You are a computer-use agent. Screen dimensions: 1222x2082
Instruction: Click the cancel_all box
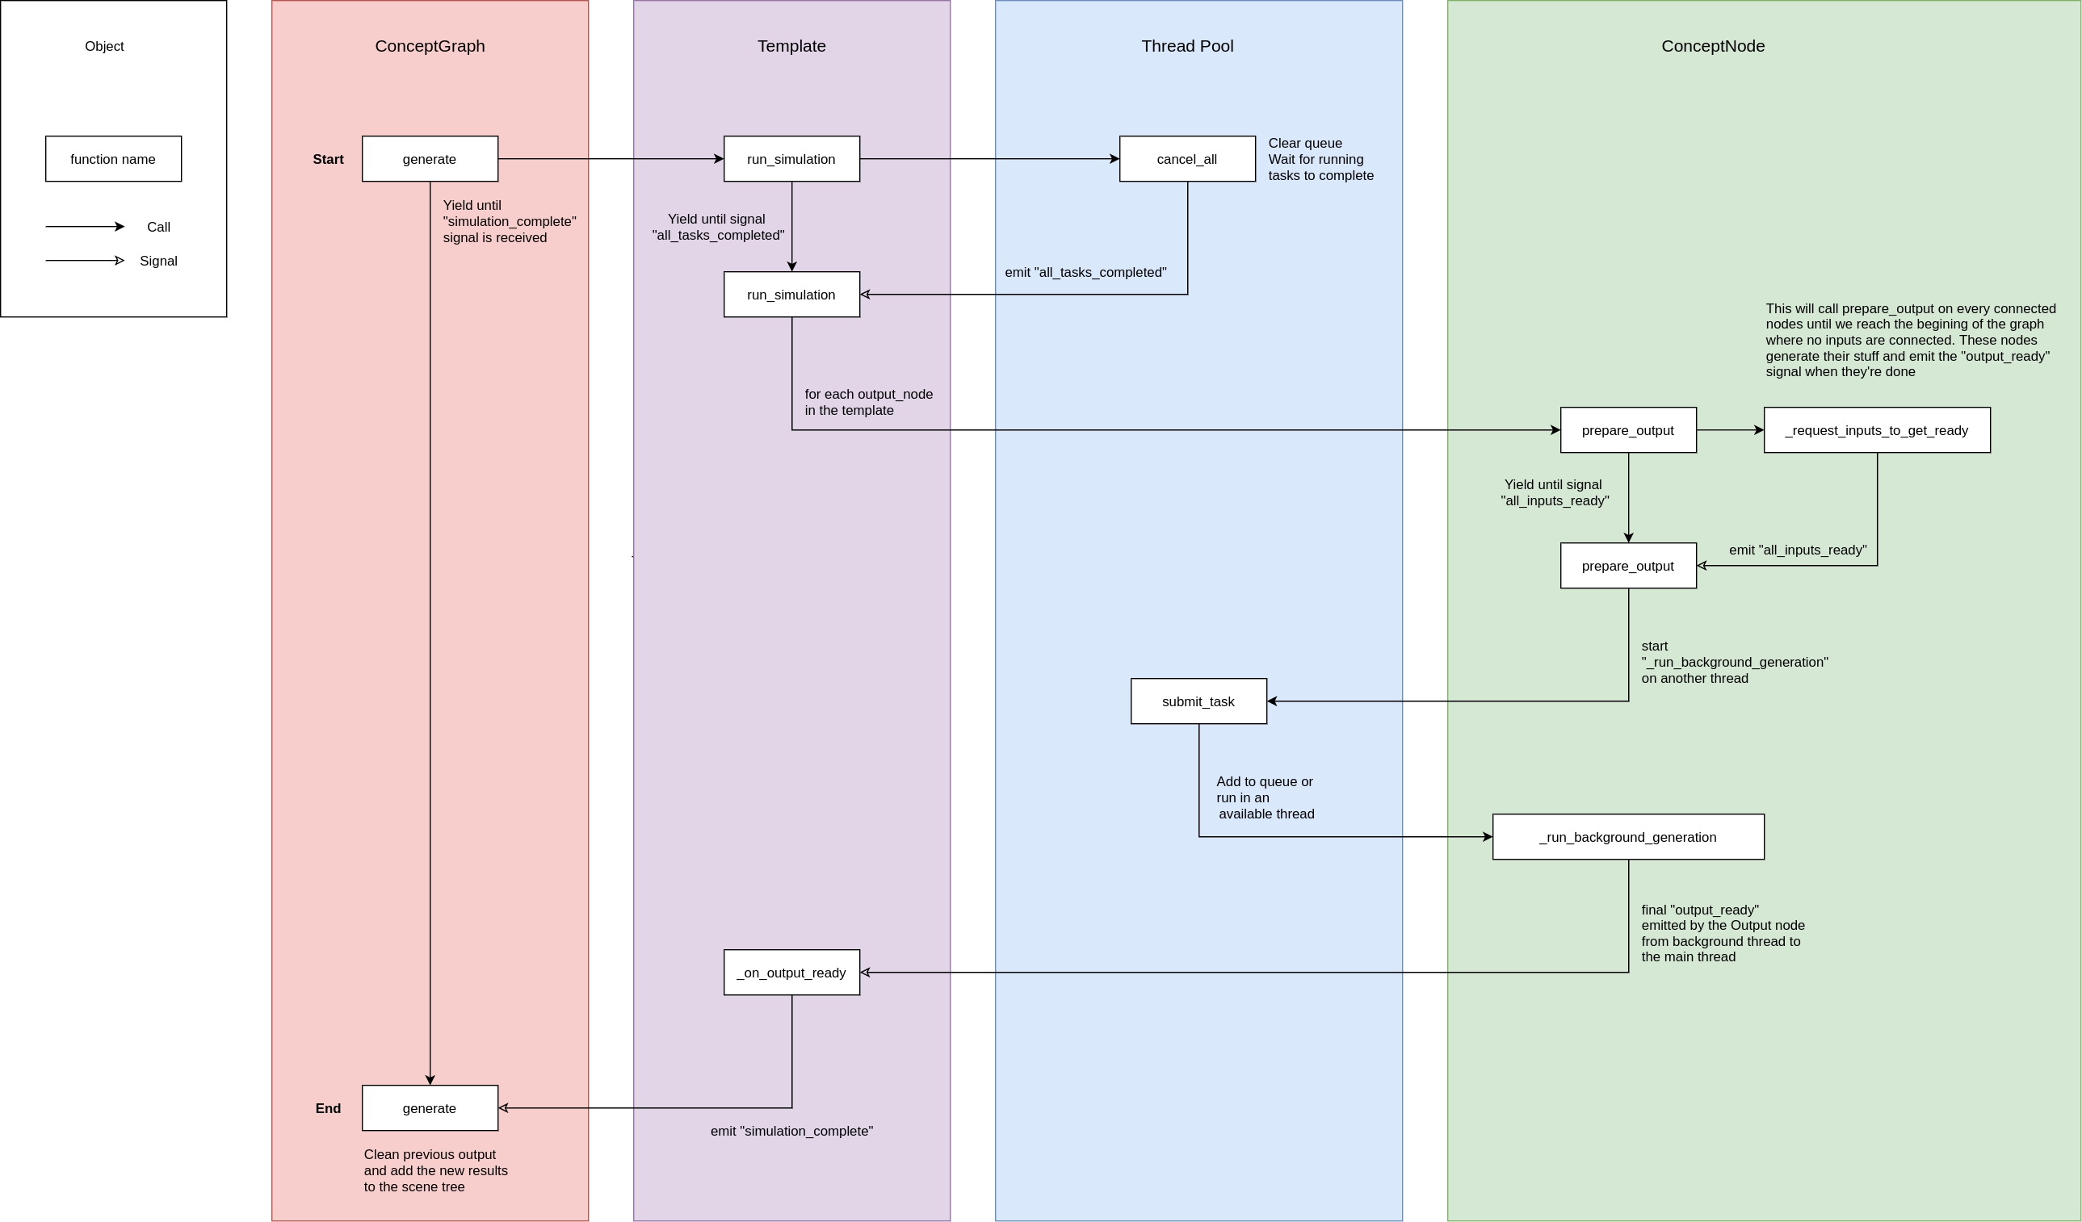pos(1187,158)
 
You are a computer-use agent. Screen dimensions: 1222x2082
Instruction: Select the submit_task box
pos(1198,701)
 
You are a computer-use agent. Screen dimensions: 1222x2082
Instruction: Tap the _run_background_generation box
pos(1627,836)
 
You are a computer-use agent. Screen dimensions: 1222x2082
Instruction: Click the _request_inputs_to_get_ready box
pos(1876,430)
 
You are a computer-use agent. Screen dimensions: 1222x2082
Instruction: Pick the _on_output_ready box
pos(791,972)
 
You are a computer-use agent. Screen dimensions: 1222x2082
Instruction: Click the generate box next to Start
pos(430,158)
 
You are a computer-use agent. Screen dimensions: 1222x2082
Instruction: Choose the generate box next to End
pos(430,1108)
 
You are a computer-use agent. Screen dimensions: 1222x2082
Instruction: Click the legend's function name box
pos(113,158)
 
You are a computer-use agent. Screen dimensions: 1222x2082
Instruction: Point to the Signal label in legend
pos(158,261)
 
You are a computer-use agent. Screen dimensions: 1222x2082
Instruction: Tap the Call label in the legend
pos(158,227)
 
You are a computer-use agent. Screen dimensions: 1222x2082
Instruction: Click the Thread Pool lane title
pos(1187,46)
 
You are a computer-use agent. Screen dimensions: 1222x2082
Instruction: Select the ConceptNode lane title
pos(1713,46)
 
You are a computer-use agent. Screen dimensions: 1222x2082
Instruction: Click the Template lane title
pos(791,46)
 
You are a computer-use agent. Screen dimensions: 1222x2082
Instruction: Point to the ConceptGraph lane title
pos(430,46)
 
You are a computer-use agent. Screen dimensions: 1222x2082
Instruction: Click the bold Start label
pos(328,159)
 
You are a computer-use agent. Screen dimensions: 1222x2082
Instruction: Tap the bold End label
pos(328,1109)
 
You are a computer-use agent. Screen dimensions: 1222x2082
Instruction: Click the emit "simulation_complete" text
pos(791,1131)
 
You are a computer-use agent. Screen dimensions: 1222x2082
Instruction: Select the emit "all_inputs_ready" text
pos(1797,550)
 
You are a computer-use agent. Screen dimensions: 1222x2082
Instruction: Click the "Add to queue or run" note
pos(1265,797)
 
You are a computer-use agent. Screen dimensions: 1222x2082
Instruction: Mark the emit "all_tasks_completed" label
pos(1085,273)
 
